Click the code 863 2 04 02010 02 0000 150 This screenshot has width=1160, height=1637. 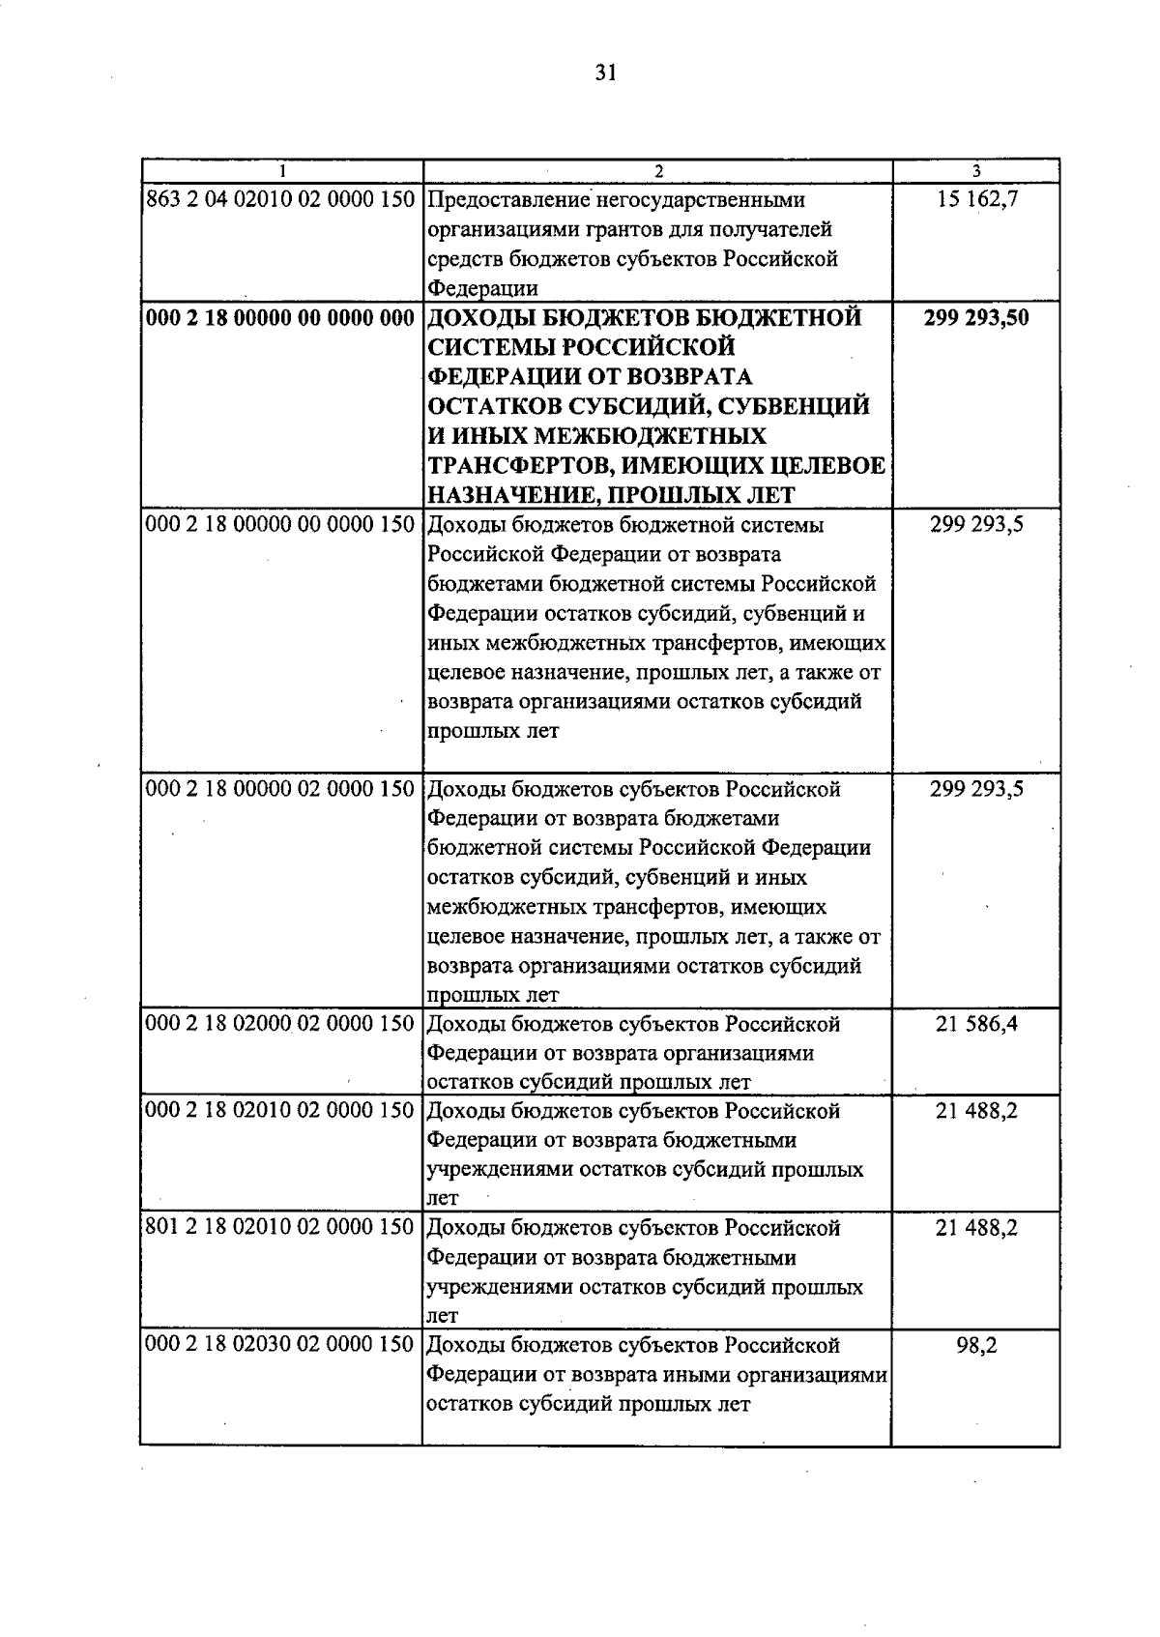tap(280, 200)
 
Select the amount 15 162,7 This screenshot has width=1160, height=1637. tap(976, 200)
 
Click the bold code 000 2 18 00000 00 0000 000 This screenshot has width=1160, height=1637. tap(280, 318)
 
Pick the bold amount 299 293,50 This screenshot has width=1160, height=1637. tap(976, 318)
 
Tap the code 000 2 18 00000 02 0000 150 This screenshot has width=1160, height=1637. tap(280, 789)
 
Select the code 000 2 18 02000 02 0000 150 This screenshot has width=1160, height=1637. tap(280, 1023)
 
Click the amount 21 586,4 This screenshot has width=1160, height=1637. tap(976, 1023)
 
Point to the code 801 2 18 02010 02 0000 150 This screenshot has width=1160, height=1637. tap(280, 1228)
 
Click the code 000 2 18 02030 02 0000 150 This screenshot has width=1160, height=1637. tap(280, 1345)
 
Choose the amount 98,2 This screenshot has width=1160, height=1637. tap(976, 1345)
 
